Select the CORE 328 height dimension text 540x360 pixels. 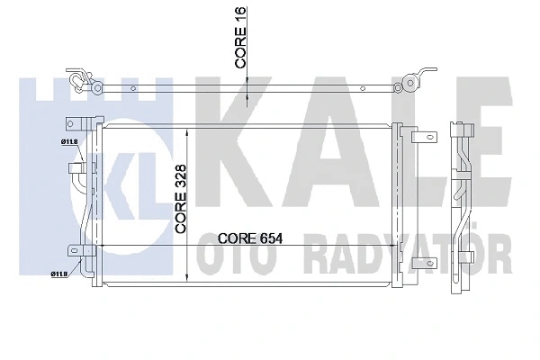181,200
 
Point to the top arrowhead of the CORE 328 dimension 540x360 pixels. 186,131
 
